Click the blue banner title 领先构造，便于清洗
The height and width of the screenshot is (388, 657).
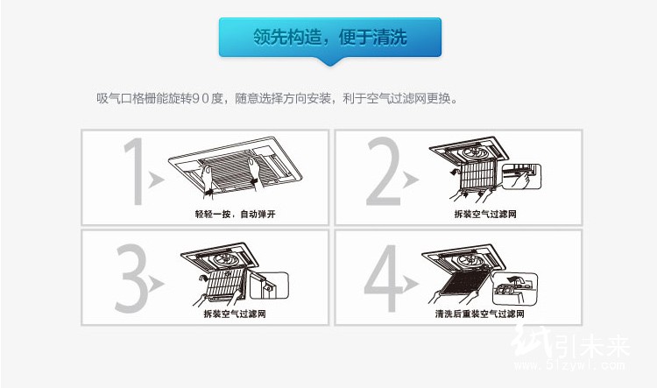329,37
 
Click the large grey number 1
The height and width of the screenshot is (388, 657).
135,171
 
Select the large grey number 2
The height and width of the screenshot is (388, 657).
384,171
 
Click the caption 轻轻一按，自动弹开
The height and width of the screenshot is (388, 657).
235,214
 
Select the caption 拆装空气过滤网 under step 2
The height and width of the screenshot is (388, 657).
485,214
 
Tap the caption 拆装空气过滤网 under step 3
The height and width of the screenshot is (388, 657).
235,314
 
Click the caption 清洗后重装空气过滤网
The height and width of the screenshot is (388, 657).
479,314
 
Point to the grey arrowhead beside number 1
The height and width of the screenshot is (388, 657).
156,180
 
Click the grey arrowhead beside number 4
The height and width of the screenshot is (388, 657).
409,284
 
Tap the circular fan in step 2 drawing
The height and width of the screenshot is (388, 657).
476,152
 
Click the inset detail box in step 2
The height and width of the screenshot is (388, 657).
522,177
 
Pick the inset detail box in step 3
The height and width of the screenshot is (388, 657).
270,286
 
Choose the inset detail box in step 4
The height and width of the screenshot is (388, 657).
515,288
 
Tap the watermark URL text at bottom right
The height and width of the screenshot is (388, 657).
570,365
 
